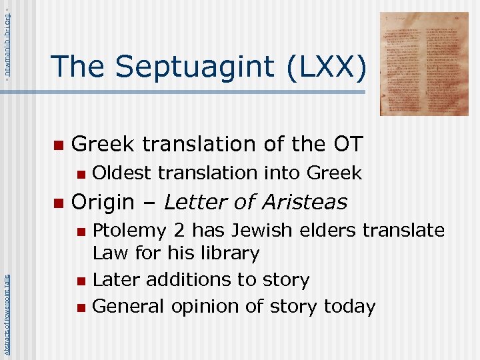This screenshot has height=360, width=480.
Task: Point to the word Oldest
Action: pyautogui.click(x=121, y=173)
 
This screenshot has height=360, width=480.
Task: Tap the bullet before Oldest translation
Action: pyautogui.click(x=81, y=174)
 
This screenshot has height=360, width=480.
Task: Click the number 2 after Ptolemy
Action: pyautogui.click(x=179, y=231)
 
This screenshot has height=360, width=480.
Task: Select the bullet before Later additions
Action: pyautogui.click(x=81, y=281)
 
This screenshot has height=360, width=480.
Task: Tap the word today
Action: pyautogui.click(x=349, y=307)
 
